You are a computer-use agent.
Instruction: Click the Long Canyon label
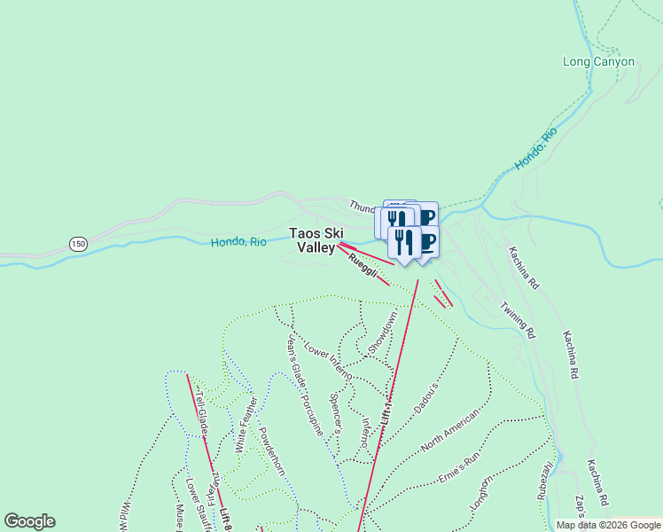(599, 62)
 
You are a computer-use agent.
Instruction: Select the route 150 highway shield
(78, 243)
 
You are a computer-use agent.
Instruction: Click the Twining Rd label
(519, 320)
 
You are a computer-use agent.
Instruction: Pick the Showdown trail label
(384, 334)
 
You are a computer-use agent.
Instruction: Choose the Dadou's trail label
(426, 396)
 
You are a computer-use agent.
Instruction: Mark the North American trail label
(450, 431)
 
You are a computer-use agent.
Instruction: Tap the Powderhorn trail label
(269, 451)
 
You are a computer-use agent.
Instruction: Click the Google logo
(29, 521)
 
